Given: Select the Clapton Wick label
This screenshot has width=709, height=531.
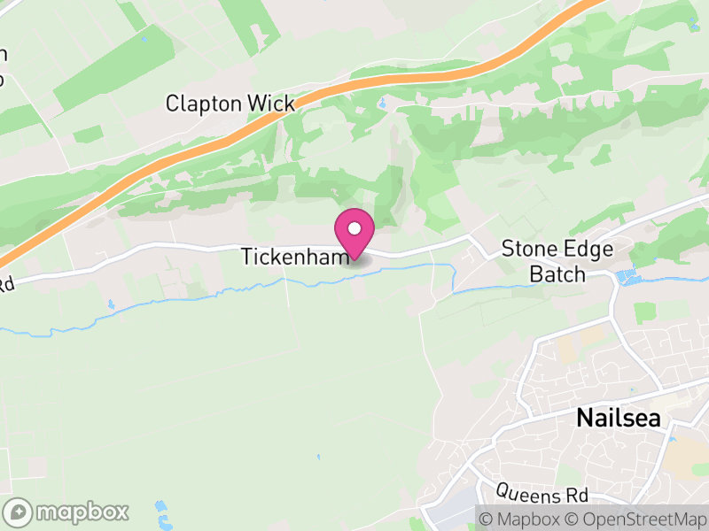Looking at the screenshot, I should pyautogui.click(x=230, y=104).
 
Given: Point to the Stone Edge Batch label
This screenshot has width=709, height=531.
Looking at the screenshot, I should pyautogui.click(x=557, y=261).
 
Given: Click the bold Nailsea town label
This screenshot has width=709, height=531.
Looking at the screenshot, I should pyautogui.click(x=619, y=418).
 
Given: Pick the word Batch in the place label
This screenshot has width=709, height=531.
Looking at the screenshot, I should pyautogui.click(x=557, y=273).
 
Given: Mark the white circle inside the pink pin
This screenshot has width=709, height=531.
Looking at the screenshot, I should pyautogui.click(x=354, y=229).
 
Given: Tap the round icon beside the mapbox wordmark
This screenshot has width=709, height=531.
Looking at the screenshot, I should pyautogui.click(x=19, y=512).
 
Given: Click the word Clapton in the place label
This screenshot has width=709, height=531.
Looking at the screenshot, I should pyautogui.click(x=204, y=104).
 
